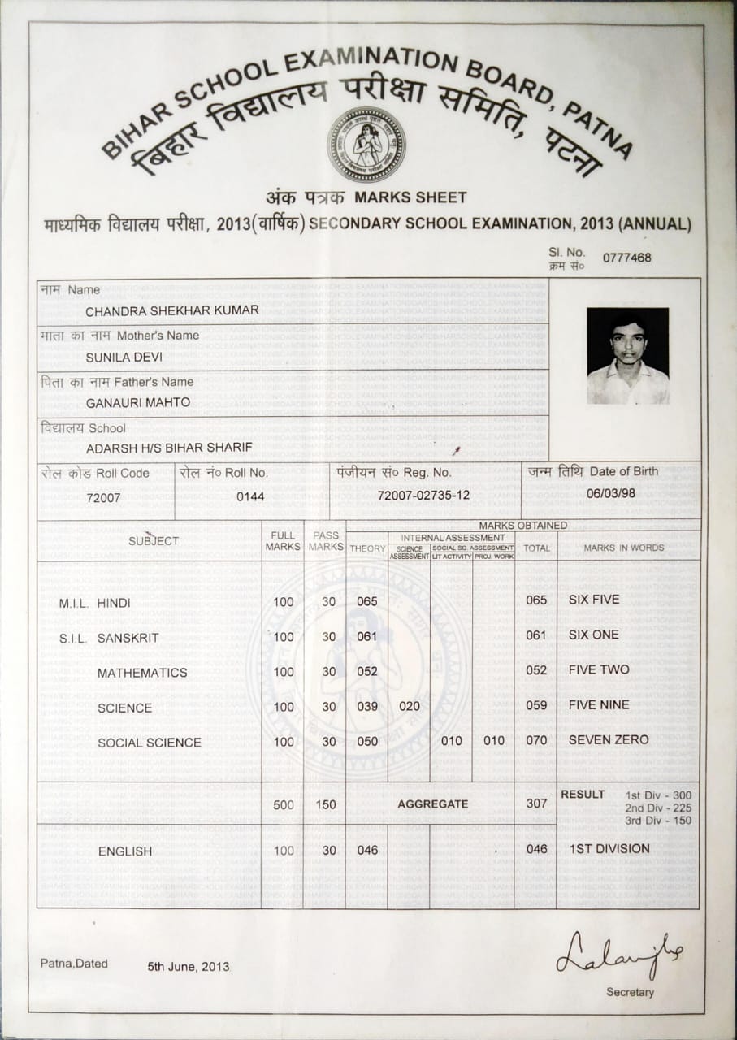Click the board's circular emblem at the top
(x=366, y=144)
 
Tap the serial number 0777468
(x=626, y=258)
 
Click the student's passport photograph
(x=627, y=355)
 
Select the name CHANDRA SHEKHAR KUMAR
(x=172, y=310)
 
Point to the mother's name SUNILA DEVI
(x=124, y=355)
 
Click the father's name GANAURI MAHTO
(x=138, y=401)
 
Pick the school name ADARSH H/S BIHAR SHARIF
(x=169, y=447)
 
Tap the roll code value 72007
(x=103, y=496)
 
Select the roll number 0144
(x=250, y=495)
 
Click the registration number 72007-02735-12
(x=423, y=495)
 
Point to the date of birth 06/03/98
(x=611, y=492)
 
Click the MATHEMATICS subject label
(x=142, y=673)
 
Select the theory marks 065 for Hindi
(x=367, y=601)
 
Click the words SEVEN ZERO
(x=609, y=739)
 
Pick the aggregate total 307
(x=536, y=803)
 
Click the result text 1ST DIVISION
(x=609, y=848)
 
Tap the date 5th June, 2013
(x=189, y=967)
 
